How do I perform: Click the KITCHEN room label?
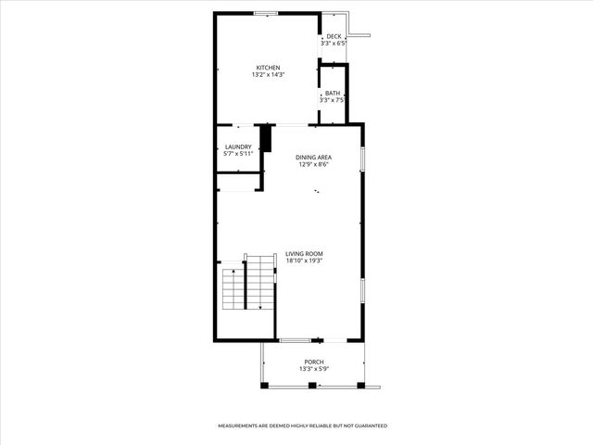(x=269, y=68)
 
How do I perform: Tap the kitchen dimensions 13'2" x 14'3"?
(x=268, y=75)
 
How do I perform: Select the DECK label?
(x=334, y=36)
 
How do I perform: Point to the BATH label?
(x=333, y=94)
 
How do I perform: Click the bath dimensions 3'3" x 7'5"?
(x=334, y=101)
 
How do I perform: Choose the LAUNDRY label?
(x=238, y=146)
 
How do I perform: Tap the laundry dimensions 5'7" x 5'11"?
(x=238, y=154)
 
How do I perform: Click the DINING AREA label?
(x=314, y=158)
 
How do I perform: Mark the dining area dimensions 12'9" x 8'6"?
(x=314, y=165)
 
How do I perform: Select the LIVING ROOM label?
(x=304, y=253)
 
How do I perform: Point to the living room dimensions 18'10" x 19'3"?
(x=304, y=261)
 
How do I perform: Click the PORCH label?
(x=314, y=362)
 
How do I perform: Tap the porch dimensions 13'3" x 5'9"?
(x=314, y=369)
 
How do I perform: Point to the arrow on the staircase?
(x=260, y=305)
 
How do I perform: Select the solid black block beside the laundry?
(x=266, y=139)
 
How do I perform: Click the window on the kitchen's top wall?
(x=266, y=13)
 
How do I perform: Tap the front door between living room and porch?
(x=295, y=340)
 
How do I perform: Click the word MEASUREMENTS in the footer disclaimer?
(x=237, y=426)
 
